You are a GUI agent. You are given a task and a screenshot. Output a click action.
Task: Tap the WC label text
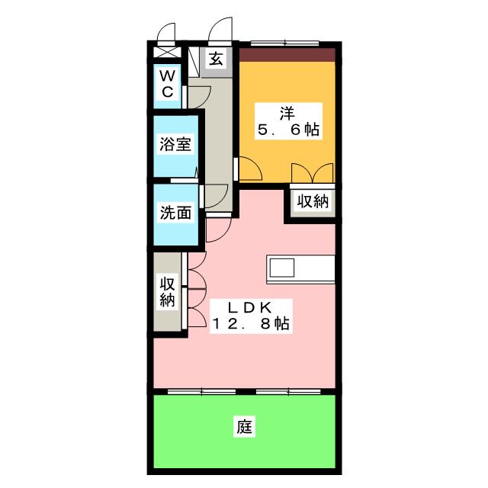click(169, 83)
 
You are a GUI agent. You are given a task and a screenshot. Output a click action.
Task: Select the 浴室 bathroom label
click(175, 144)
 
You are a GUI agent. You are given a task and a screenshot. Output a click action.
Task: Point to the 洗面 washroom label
click(175, 213)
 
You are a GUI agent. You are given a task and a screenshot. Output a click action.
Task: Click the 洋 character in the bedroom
click(287, 113)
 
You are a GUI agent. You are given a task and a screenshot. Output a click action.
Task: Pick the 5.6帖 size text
click(287, 130)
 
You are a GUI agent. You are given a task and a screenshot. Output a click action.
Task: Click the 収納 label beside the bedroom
click(312, 202)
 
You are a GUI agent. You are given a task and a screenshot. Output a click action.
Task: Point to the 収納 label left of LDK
click(168, 291)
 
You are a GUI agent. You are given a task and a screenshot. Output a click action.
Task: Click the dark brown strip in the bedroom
click(287, 55)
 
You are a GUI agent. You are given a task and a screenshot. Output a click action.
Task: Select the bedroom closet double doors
click(312, 173)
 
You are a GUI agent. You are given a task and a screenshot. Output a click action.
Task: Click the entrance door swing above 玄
click(220, 31)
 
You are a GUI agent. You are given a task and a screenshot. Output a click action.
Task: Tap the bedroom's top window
click(287, 43)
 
